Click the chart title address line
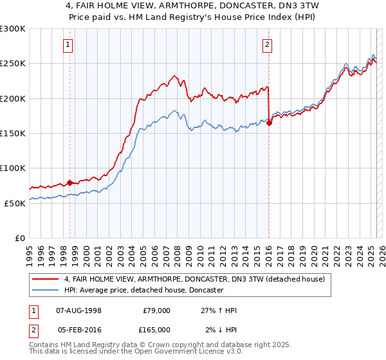point(192,6)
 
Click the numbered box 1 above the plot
point(68,44)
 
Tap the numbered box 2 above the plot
point(267,44)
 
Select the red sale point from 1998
point(70,183)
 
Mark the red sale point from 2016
point(269,123)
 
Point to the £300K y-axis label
point(13,29)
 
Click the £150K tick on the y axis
point(13,134)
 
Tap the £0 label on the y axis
point(20,238)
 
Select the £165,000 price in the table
point(156,330)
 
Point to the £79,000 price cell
point(156,310)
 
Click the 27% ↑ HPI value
point(219,310)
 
